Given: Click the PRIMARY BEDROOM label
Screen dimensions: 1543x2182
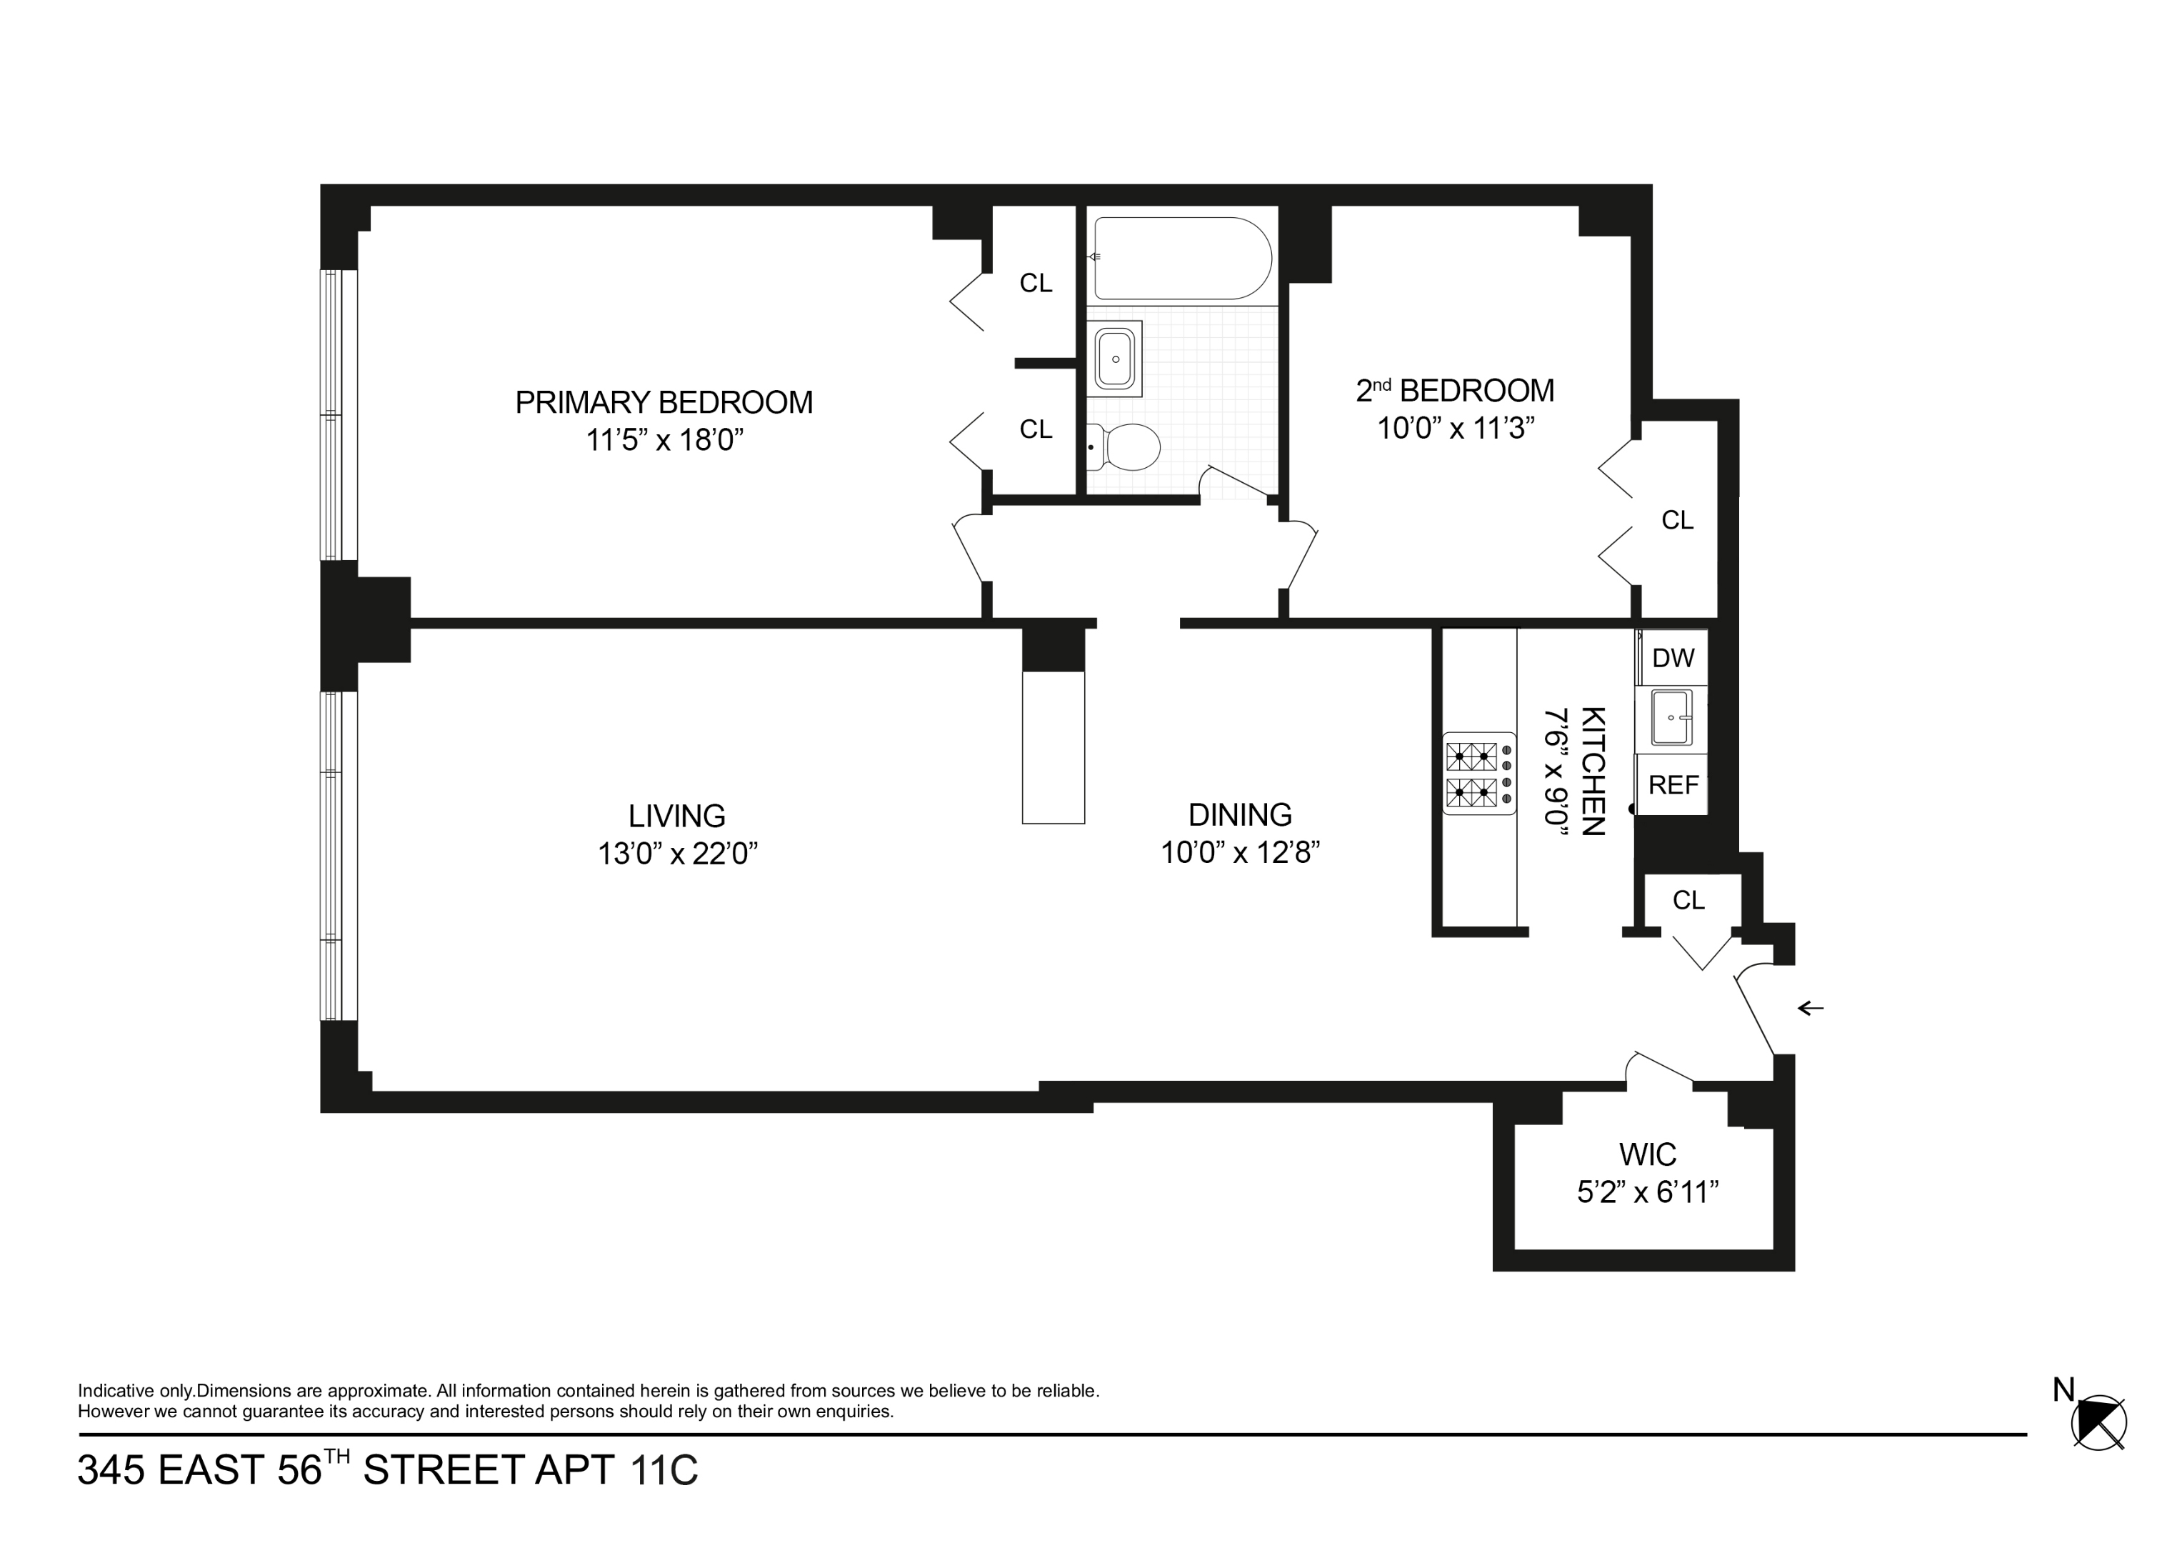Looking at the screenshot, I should [664, 402].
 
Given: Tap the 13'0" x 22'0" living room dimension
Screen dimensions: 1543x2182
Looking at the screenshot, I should [676, 854].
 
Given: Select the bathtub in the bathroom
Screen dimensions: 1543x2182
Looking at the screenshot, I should [1181, 259].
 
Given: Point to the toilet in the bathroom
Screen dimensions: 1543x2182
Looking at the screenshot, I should [1126, 447].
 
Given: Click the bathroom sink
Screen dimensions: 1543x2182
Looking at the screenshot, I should [1115, 359].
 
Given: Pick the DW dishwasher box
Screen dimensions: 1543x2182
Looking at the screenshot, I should [1673, 658].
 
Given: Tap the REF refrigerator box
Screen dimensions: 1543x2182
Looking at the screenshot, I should [1673, 785].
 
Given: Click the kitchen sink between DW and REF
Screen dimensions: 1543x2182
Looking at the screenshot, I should [1671, 719].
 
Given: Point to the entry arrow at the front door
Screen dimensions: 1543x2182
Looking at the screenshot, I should [1811, 1008].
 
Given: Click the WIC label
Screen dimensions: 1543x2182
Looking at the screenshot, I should [1647, 1154].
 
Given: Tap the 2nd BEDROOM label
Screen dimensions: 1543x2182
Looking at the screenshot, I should [1454, 391].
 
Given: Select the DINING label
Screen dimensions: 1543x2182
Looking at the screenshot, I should [1239, 815].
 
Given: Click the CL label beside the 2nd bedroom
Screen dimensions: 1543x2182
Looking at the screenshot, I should [1676, 520].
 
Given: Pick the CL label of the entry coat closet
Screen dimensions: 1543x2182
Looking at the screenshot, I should [1688, 899].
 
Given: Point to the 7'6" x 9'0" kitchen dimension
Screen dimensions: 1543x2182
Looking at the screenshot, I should [1555, 770].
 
